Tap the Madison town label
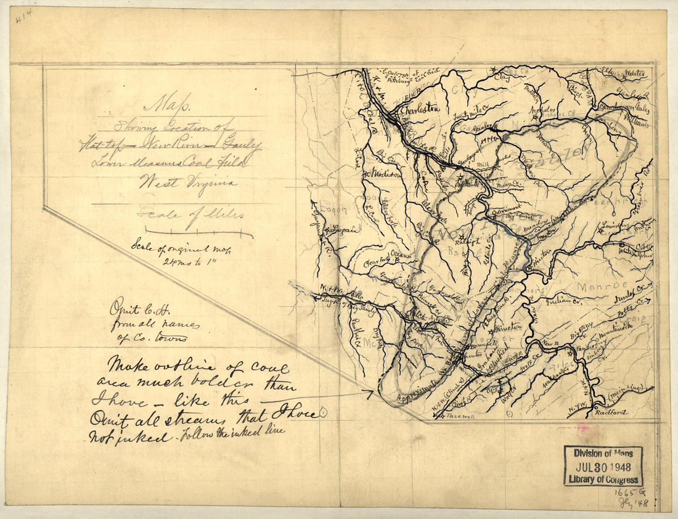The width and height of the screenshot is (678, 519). (384, 174)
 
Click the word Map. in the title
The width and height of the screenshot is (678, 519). (158, 101)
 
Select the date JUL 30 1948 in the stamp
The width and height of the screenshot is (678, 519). (603, 466)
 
